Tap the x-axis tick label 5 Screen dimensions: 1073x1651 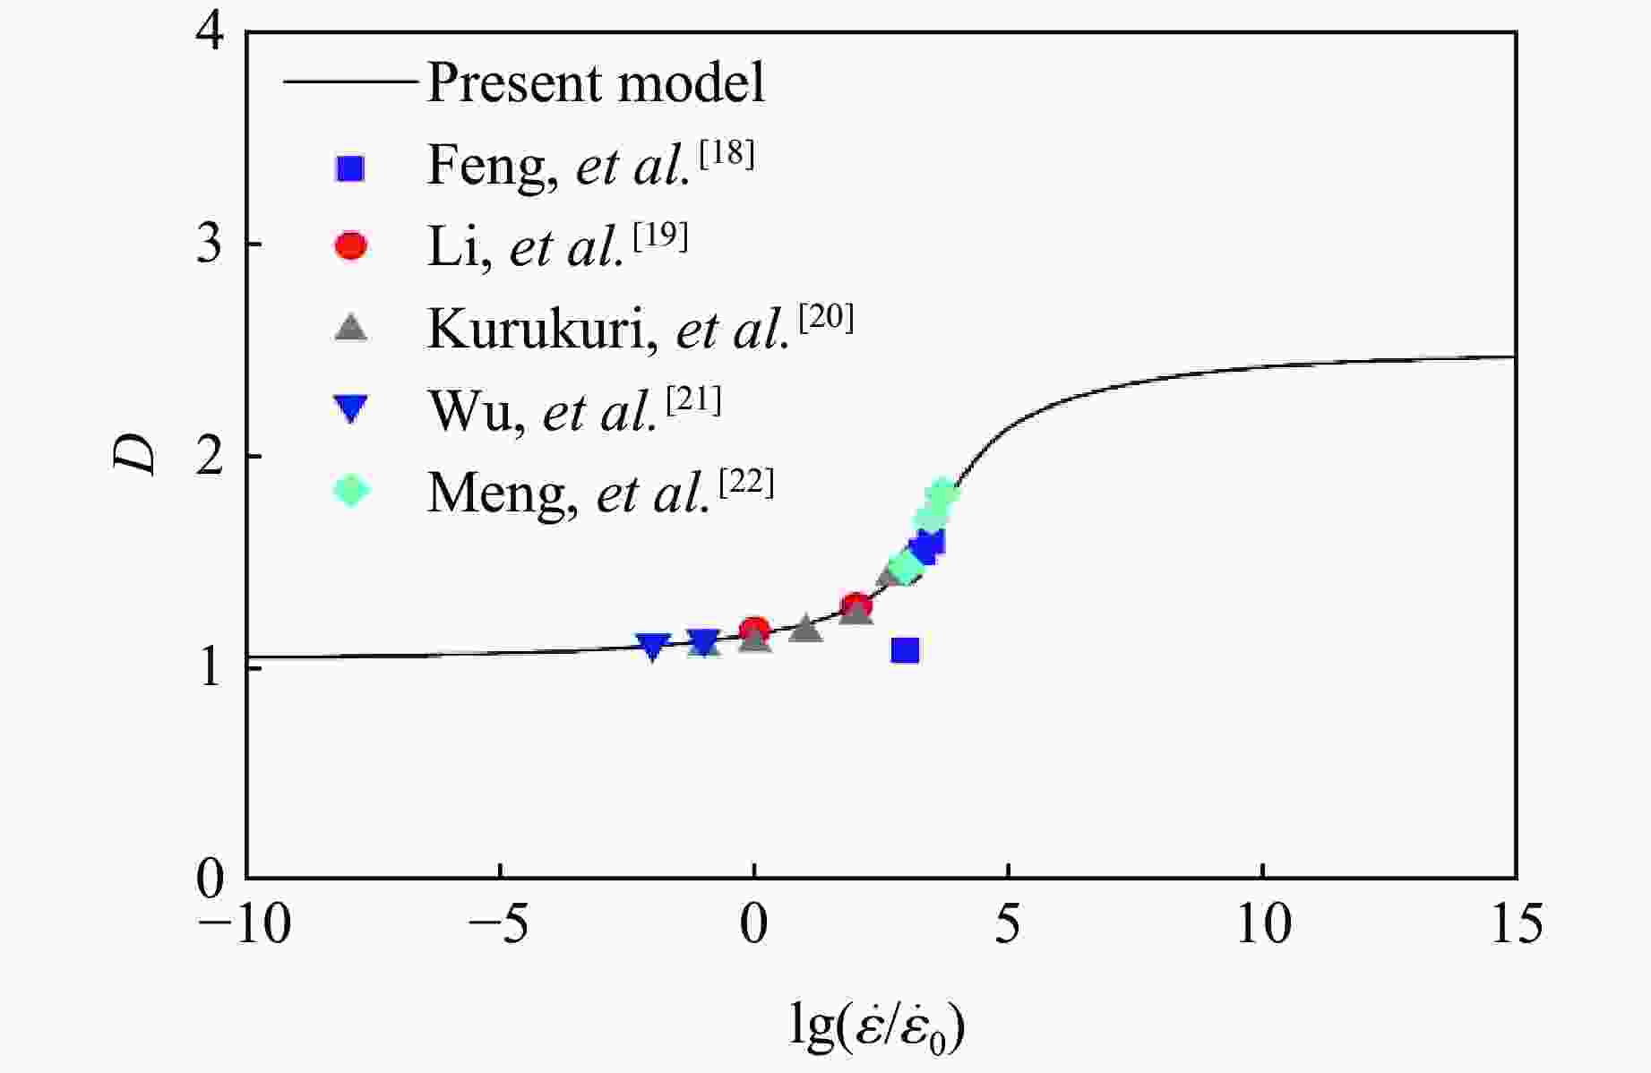(1008, 924)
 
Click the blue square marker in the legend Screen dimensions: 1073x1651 (351, 167)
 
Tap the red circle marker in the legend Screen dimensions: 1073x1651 (351, 246)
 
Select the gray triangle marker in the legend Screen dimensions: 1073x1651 (351, 328)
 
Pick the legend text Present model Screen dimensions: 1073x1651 (596, 83)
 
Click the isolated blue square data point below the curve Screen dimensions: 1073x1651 (906, 650)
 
